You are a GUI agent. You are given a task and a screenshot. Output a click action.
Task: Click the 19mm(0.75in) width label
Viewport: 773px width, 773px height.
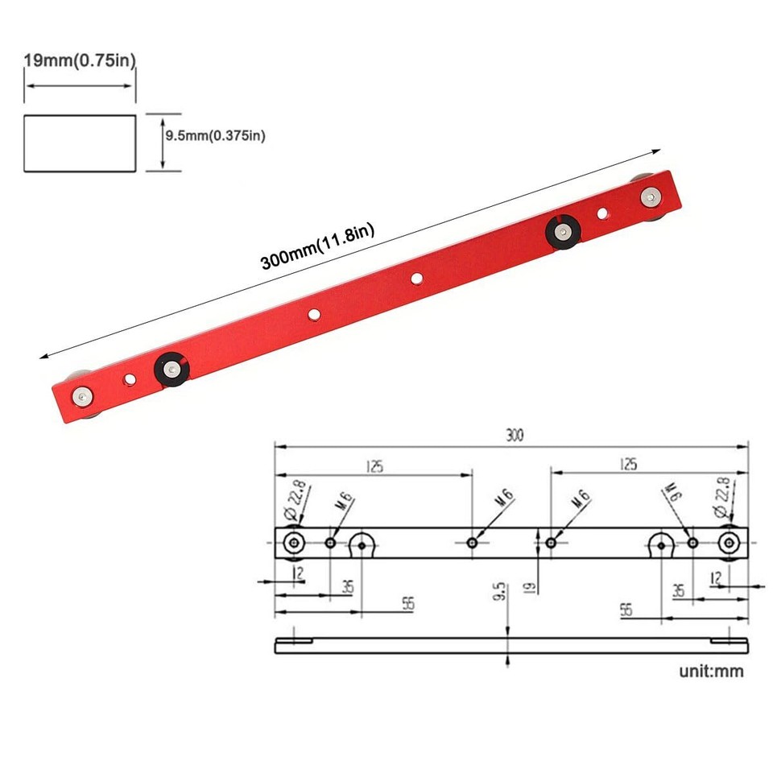click(x=79, y=61)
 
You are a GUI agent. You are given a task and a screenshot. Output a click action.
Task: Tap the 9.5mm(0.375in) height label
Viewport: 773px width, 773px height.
click(x=214, y=136)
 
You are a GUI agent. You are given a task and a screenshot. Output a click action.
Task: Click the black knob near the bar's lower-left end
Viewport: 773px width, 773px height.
click(x=171, y=368)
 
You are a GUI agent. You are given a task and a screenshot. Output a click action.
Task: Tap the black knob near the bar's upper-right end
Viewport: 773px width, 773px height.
click(x=561, y=231)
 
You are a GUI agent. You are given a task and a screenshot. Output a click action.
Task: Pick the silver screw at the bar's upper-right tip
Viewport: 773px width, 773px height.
click(x=649, y=196)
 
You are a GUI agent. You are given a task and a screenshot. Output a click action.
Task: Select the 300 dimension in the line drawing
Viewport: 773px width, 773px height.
click(x=515, y=436)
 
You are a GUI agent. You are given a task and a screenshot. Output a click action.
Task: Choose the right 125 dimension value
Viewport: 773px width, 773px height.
click(x=628, y=464)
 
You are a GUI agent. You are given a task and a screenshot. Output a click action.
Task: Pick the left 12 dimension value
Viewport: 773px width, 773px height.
click(x=299, y=573)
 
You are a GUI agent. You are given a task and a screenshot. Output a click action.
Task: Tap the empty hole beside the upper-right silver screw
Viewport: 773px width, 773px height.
click(x=602, y=213)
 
